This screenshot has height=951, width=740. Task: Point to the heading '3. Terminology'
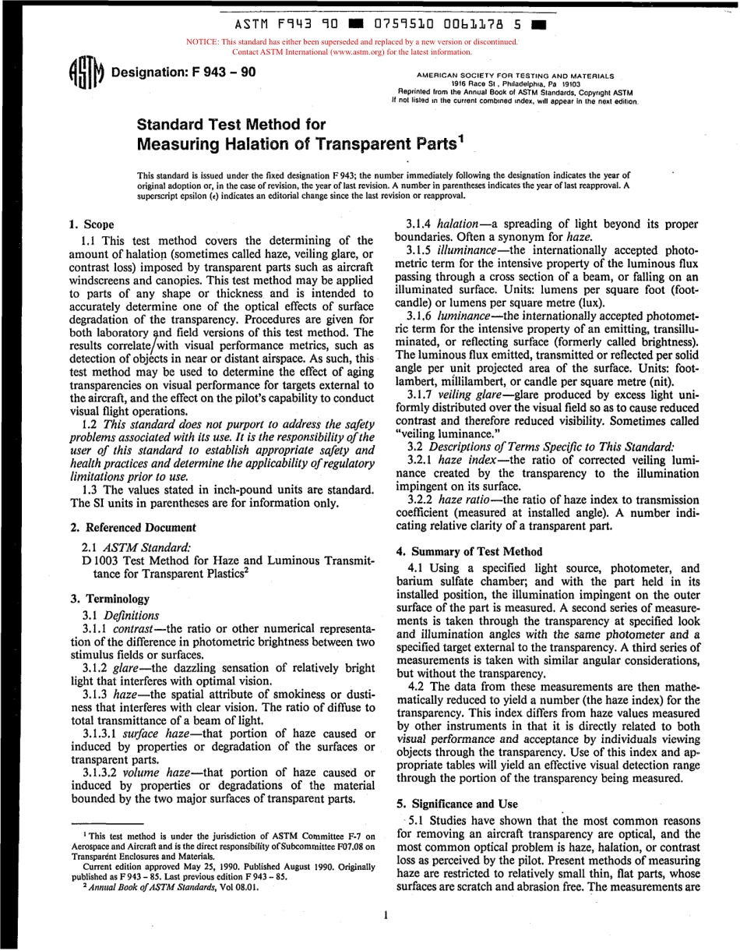110,599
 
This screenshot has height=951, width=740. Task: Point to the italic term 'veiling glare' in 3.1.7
472,395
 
